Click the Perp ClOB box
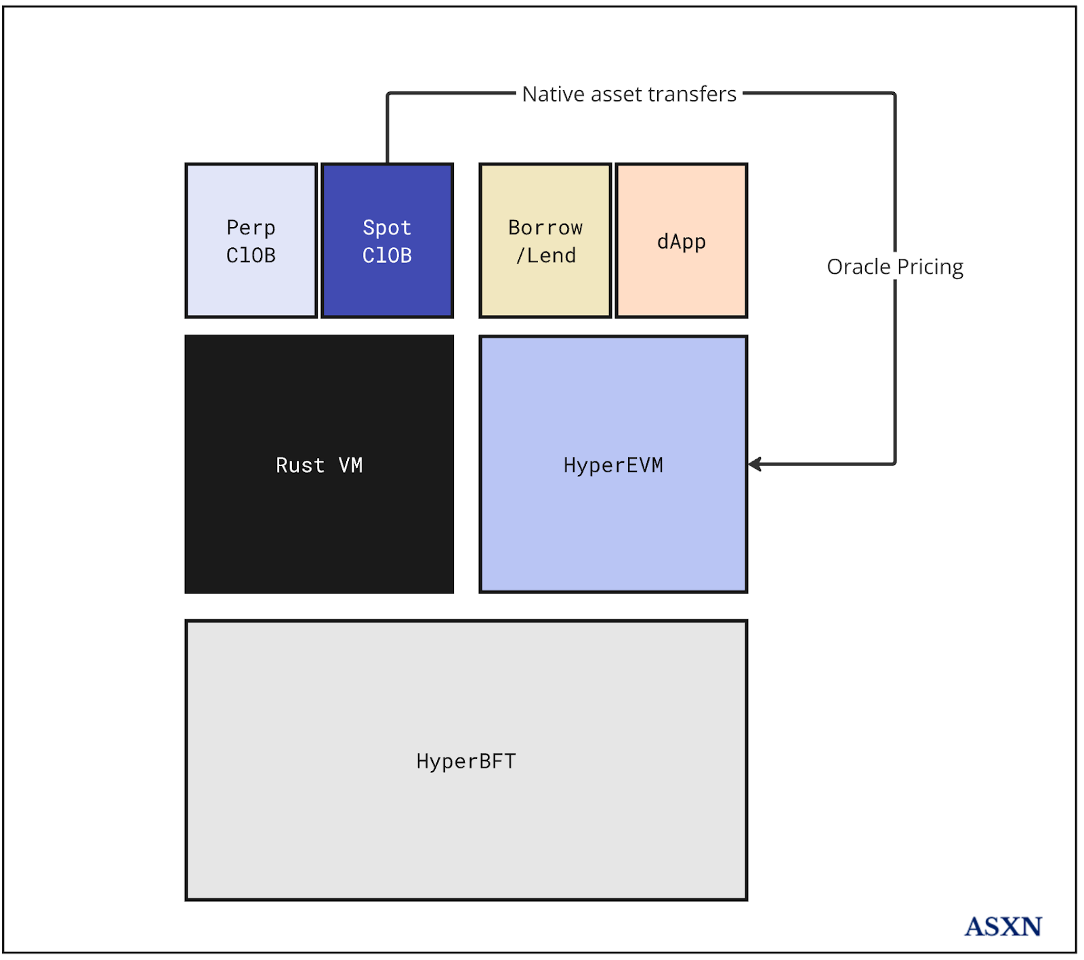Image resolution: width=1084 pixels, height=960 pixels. pos(251,241)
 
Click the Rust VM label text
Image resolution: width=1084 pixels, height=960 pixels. pos(319,465)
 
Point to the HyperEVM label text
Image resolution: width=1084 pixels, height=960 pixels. pos(613,465)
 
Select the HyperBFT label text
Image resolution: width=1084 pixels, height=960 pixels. pos(466,761)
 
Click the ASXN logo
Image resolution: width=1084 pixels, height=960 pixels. pos(1003,926)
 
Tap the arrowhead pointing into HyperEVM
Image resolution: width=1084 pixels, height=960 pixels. pos(754,464)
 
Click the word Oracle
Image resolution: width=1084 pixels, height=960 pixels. pos(858,267)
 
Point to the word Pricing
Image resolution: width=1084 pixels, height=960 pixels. pos(930,267)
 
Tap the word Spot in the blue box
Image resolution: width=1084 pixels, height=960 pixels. pos(387,227)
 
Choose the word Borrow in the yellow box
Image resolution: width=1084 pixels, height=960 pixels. pos(545,227)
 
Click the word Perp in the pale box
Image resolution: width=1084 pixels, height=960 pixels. pos(251,227)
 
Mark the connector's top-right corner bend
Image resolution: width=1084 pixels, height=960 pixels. pos(894,94)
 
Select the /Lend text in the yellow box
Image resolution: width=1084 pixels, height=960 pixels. pos(545,255)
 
